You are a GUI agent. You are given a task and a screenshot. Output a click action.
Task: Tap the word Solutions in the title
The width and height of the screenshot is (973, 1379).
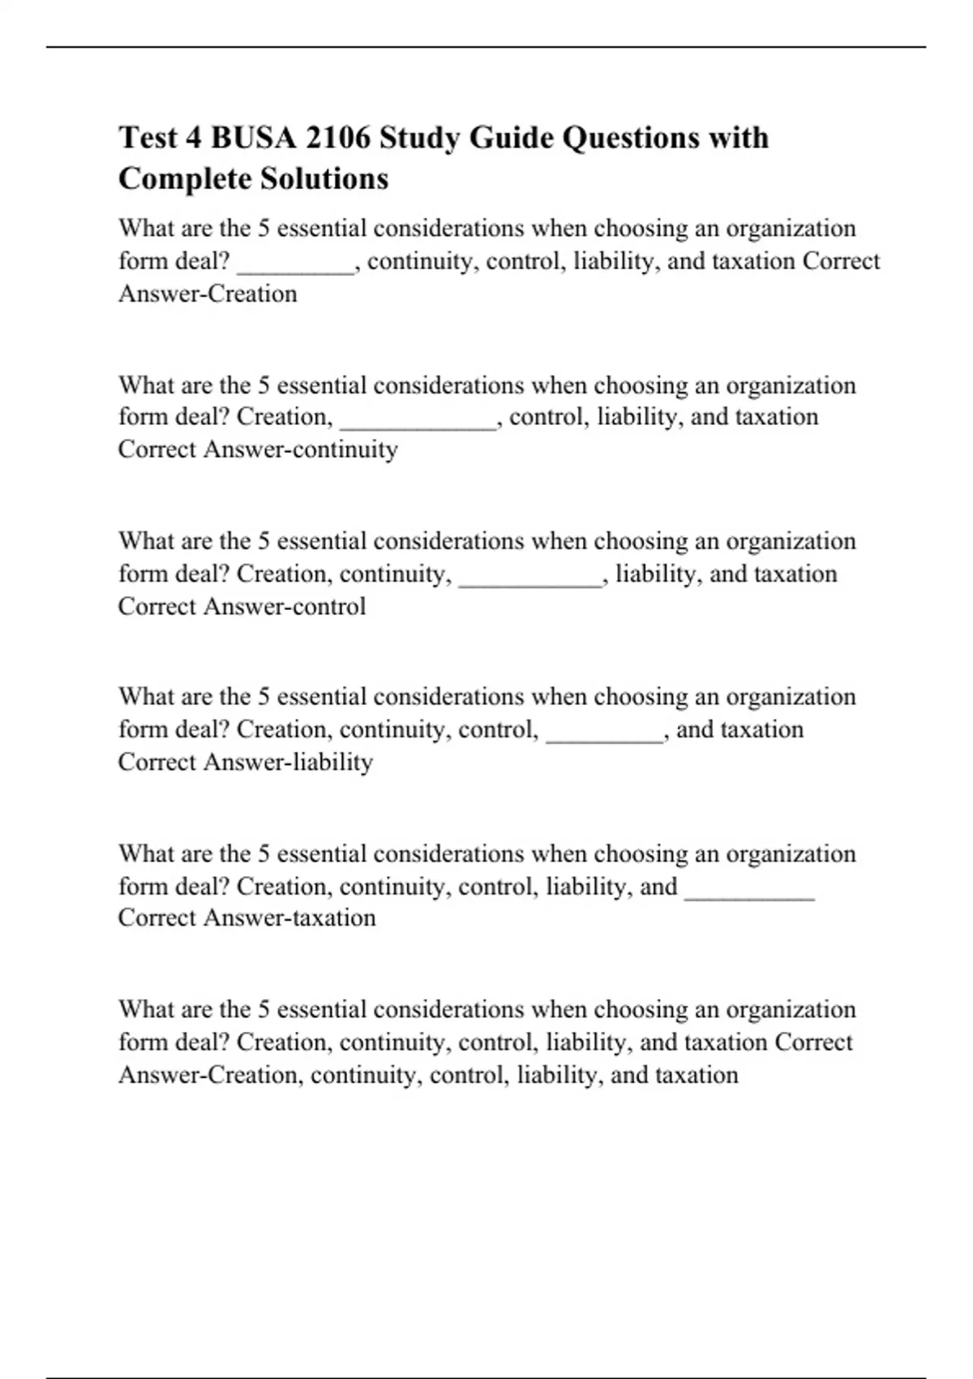tap(335, 178)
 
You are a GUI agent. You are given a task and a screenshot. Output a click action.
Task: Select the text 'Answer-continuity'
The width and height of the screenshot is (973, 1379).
tap(300, 449)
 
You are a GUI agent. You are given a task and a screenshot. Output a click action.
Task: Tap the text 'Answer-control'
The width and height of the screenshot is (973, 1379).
tap(285, 606)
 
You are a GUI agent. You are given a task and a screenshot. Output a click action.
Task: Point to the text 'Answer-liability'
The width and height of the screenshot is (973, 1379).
tap(288, 762)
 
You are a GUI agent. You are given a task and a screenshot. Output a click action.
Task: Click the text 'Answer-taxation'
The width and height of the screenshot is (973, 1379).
tap(289, 917)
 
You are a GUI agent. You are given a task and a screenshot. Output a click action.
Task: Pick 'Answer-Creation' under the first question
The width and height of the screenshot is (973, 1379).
tap(208, 294)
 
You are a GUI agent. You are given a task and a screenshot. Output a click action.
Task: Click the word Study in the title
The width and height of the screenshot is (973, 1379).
tap(419, 138)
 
